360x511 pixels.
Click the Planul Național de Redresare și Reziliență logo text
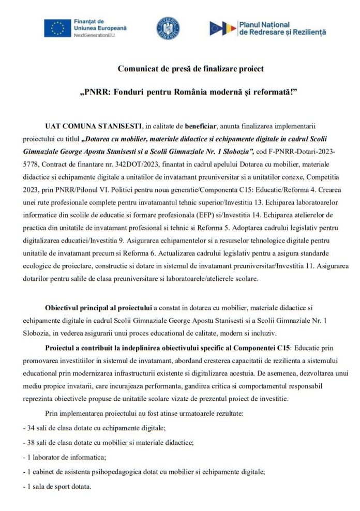point(282,28)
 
